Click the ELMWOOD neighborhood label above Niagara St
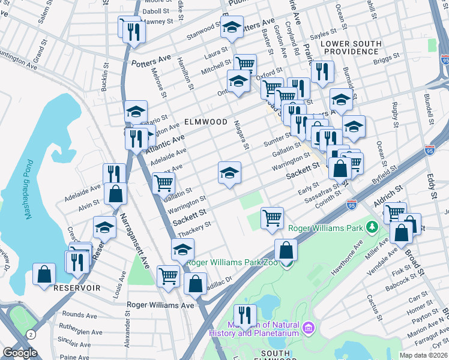pyautogui.click(x=205, y=122)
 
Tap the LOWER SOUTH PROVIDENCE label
pyautogui.click(x=351, y=48)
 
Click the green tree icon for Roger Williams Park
pyautogui.click(x=372, y=227)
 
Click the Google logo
pyautogui.click(x=20, y=353)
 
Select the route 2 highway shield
pyautogui.click(x=29, y=334)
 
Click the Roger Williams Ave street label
pyautogui.click(x=161, y=305)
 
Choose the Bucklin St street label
pyautogui.click(x=105, y=73)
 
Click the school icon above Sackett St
pyautogui.click(x=229, y=173)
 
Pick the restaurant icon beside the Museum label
pyautogui.click(x=244, y=314)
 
